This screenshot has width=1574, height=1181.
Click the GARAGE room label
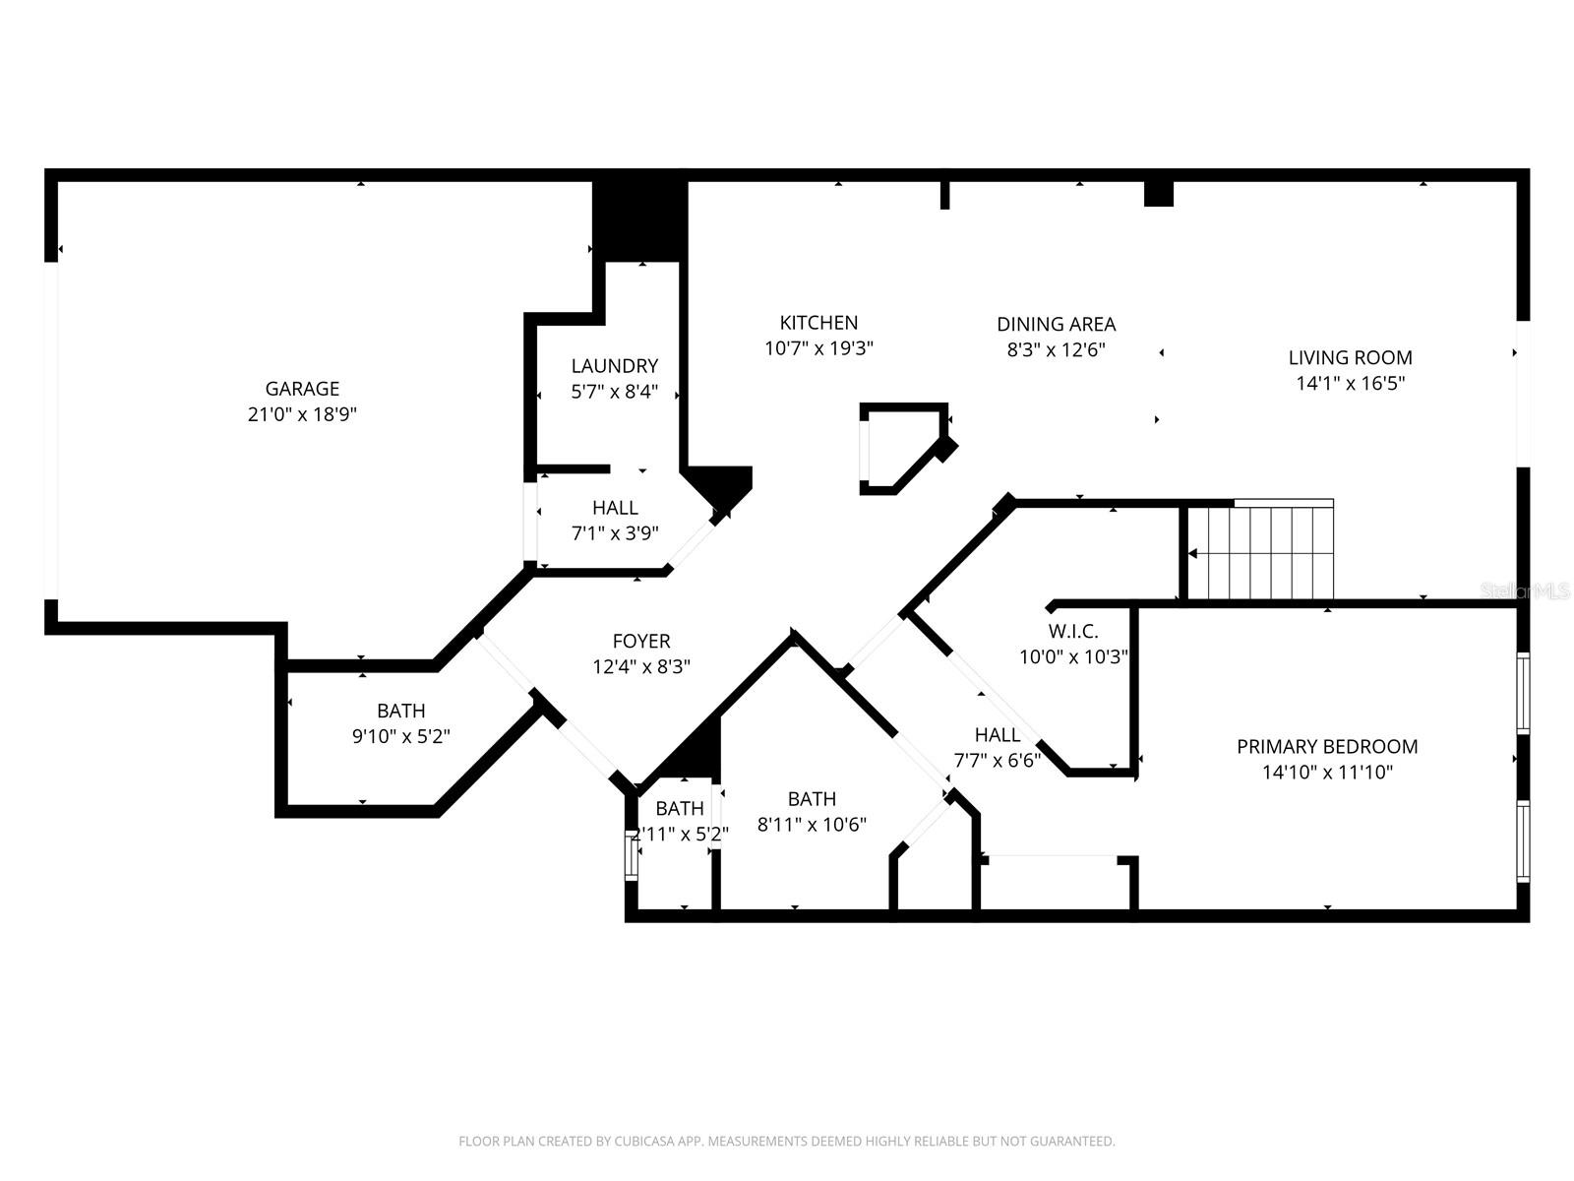(302, 389)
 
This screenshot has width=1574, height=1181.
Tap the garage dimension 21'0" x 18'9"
(302, 414)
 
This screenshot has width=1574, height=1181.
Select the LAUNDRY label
(614, 366)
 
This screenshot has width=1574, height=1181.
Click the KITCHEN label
(818, 323)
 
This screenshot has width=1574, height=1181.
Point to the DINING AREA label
(1056, 324)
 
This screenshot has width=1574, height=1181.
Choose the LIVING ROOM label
(1350, 358)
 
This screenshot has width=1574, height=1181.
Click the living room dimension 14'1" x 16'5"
(1350, 384)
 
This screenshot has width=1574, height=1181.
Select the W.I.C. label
(1072, 632)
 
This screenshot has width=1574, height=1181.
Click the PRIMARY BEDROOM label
(1327, 747)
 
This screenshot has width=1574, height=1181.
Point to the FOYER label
(641, 641)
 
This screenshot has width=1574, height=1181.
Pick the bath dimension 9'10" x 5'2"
(401, 736)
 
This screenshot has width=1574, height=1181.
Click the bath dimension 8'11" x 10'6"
(812, 825)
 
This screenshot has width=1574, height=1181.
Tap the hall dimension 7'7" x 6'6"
(997, 761)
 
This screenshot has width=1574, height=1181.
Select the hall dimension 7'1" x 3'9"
(615, 533)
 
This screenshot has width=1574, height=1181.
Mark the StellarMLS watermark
(1525, 591)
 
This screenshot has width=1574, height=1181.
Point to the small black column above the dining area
(1159, 194)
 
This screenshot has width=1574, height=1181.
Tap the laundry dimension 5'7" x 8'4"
(614, 392)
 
